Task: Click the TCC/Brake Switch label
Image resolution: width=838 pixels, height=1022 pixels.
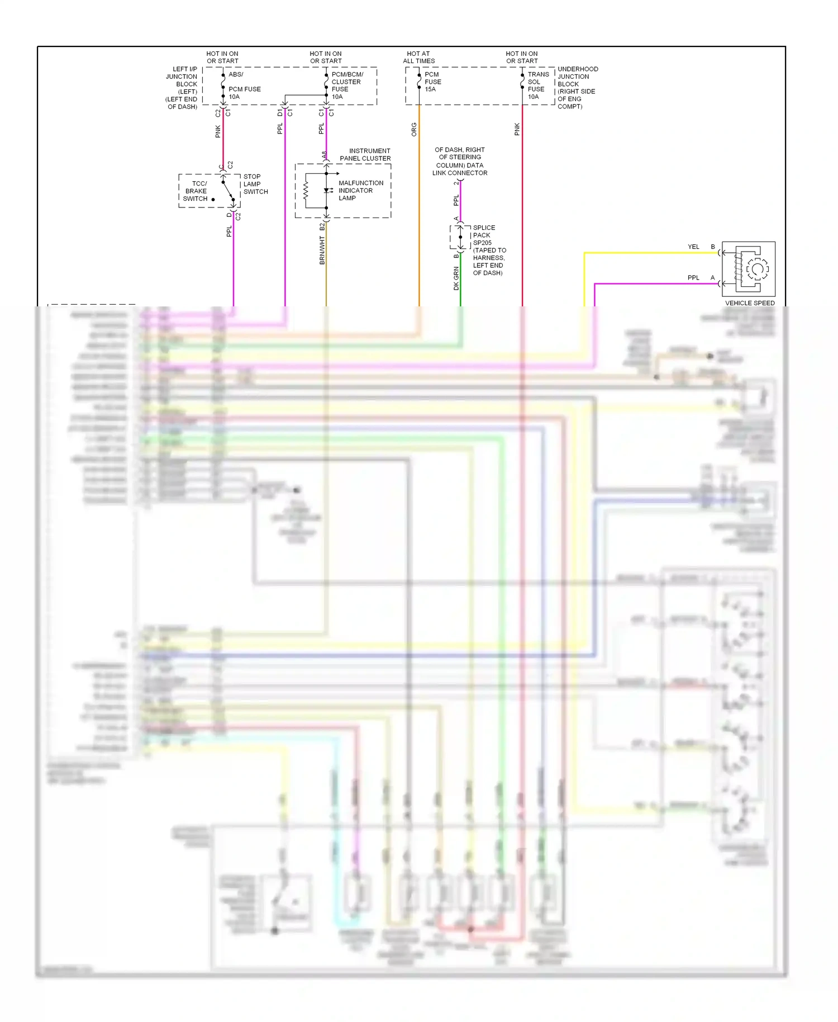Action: (x=196, y=191)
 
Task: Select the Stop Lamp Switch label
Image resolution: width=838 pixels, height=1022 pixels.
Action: (x=255, y=184)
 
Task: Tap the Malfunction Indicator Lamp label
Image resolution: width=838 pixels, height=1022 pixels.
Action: (x=360, y=191)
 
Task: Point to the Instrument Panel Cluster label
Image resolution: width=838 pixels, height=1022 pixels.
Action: (x=365, y=155)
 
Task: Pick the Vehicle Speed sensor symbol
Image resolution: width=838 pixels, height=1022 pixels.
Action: (x=749, y=269)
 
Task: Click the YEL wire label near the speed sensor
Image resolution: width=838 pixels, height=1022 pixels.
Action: (x=693, y=247)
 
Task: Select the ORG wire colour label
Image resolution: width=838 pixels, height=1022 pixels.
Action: (x=414, y=130)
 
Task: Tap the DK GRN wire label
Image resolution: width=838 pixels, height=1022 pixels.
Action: (x=456, y=278)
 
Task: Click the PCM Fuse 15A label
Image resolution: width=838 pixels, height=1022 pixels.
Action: (x=432, y=82)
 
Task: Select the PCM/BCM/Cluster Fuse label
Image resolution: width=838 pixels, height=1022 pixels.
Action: (x=346, y=86)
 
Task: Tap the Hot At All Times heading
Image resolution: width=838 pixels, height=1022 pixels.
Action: (x=418, y=58)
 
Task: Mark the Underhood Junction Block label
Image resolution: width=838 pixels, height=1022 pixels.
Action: (x=577, y=88)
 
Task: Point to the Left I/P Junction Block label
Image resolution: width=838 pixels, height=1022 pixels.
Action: (x=182, y=88)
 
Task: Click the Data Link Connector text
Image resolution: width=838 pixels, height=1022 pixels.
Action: (x=459, y=162)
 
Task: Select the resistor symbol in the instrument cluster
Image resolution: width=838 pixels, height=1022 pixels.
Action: (x=306, y=191)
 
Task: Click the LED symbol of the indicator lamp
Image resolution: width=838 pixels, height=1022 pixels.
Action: (x=327, y=191)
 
